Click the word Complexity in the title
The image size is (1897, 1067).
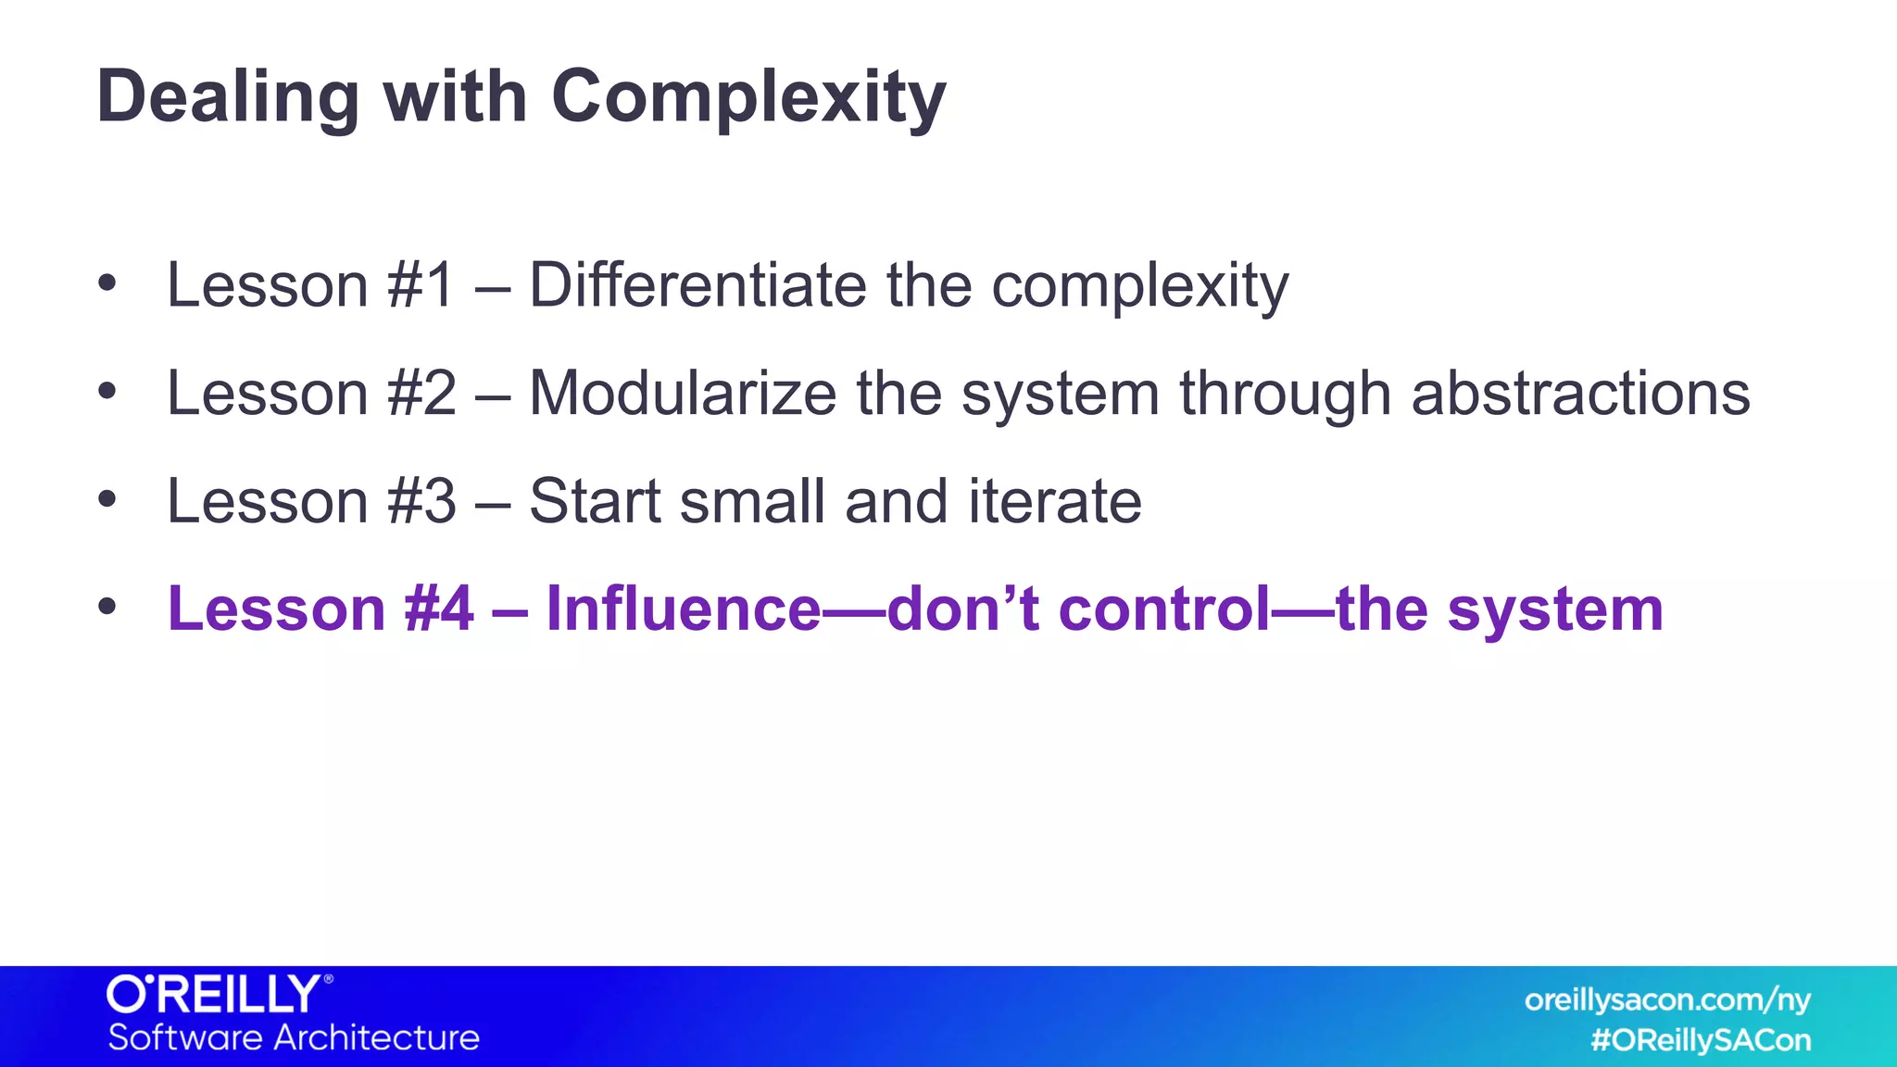(x=748, y=97)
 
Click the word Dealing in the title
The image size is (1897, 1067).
(x=228, y=97)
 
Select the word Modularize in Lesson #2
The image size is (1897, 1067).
(x=683, y=393)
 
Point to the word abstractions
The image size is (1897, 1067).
(x=1580, y=393)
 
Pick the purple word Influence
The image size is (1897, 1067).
(x=684, y=609)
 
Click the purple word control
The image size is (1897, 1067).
(x=1164, y=609)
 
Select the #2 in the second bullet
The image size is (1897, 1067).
(x=422, y=393)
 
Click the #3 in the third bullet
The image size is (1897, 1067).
(x=422, y=501)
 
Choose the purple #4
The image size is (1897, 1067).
(x=439, y=609)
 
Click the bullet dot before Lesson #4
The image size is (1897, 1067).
(x=107, y=607)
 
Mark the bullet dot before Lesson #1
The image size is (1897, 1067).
(x=107, y=282)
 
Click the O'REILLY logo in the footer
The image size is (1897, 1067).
(x=219, y=994)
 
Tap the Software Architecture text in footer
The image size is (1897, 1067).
(x=294, y=1037)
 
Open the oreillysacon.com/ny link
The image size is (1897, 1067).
(x=1667, y=999)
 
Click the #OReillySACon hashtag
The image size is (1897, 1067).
(x=1701, y=1040)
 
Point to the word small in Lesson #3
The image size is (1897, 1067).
(x=751, y=501)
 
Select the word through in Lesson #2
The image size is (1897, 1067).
(x=1285, y=393)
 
